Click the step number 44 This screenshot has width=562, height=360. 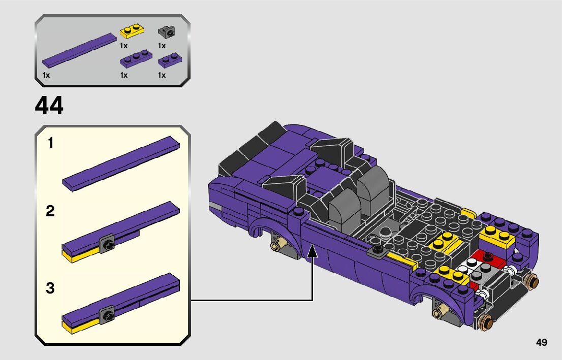(49, 105)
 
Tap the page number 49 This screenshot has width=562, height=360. (542, 342)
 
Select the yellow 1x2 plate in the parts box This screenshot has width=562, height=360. (131, 31)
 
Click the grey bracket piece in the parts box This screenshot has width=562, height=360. (167, 32)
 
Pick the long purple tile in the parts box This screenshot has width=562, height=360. (80, 50)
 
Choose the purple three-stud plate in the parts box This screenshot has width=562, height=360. (136, 59)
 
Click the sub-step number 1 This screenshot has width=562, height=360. (50, 143)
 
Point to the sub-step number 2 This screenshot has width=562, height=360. (50, 211)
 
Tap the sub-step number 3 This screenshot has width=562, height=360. (50, 288)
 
